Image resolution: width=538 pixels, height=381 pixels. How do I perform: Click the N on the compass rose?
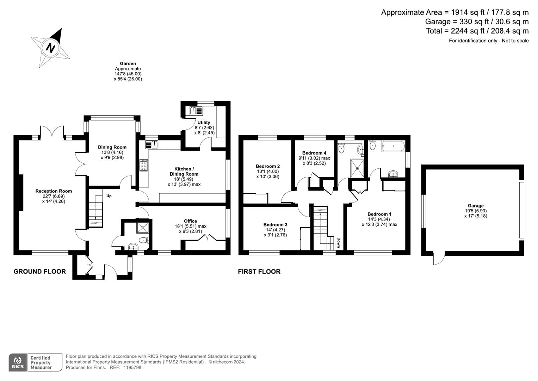point(51,47)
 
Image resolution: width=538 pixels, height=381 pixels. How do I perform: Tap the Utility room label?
point(204,122)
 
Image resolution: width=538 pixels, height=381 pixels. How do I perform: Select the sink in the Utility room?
point(196,110)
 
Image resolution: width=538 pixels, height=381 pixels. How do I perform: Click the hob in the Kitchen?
point(143,165)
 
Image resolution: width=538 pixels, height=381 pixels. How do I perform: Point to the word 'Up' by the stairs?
point(109,196)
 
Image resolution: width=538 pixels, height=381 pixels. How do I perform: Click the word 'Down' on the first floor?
point(338,242)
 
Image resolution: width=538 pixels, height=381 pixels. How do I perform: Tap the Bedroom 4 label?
point(314,153)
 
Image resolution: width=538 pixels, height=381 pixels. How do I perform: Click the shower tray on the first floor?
point(357,168)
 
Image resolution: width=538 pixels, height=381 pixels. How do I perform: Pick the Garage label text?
point(476,206)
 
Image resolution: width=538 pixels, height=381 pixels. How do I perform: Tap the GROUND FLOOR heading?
point(39,271)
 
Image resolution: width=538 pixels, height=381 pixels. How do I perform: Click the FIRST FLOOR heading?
point(259,271)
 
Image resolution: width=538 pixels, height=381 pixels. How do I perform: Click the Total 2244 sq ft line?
point(477,31)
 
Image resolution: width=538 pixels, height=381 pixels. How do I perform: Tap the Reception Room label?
point(54,191)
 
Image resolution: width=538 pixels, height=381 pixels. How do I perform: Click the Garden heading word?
point(128,64)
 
